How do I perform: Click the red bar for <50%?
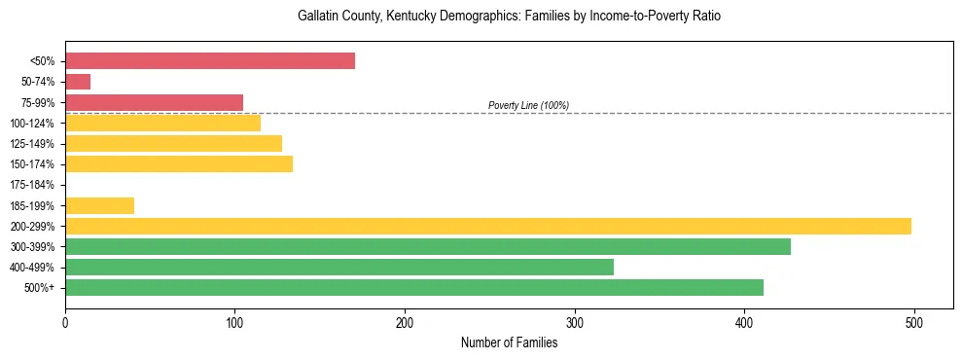pyautogui.click(x=209, y=61)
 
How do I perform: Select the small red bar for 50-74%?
pyautogui.click(x=78, y=82)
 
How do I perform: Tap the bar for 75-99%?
pyautogui.click(x=154, y=102)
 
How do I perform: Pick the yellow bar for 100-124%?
pyautogui.click(x=162, y=123)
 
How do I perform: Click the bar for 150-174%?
pyautogui.click(x=179, y=164)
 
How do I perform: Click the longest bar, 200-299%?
pyautogui.click(x=487, y=226)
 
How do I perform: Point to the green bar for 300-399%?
pyautogui.click(x=427, y=246)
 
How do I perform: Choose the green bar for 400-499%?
pyautogui.click(x=338, y=267)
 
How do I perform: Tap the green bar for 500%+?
pyautogui.click(x=413, y=287)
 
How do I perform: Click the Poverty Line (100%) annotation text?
pyautogui.click(x=528, y=105)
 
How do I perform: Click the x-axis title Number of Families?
pyautogui.click(x=509, y=342)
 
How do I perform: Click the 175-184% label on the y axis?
pyautogui.click(x=32, y=185)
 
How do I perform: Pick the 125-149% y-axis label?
pyautogui.click(x=32, y=144)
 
